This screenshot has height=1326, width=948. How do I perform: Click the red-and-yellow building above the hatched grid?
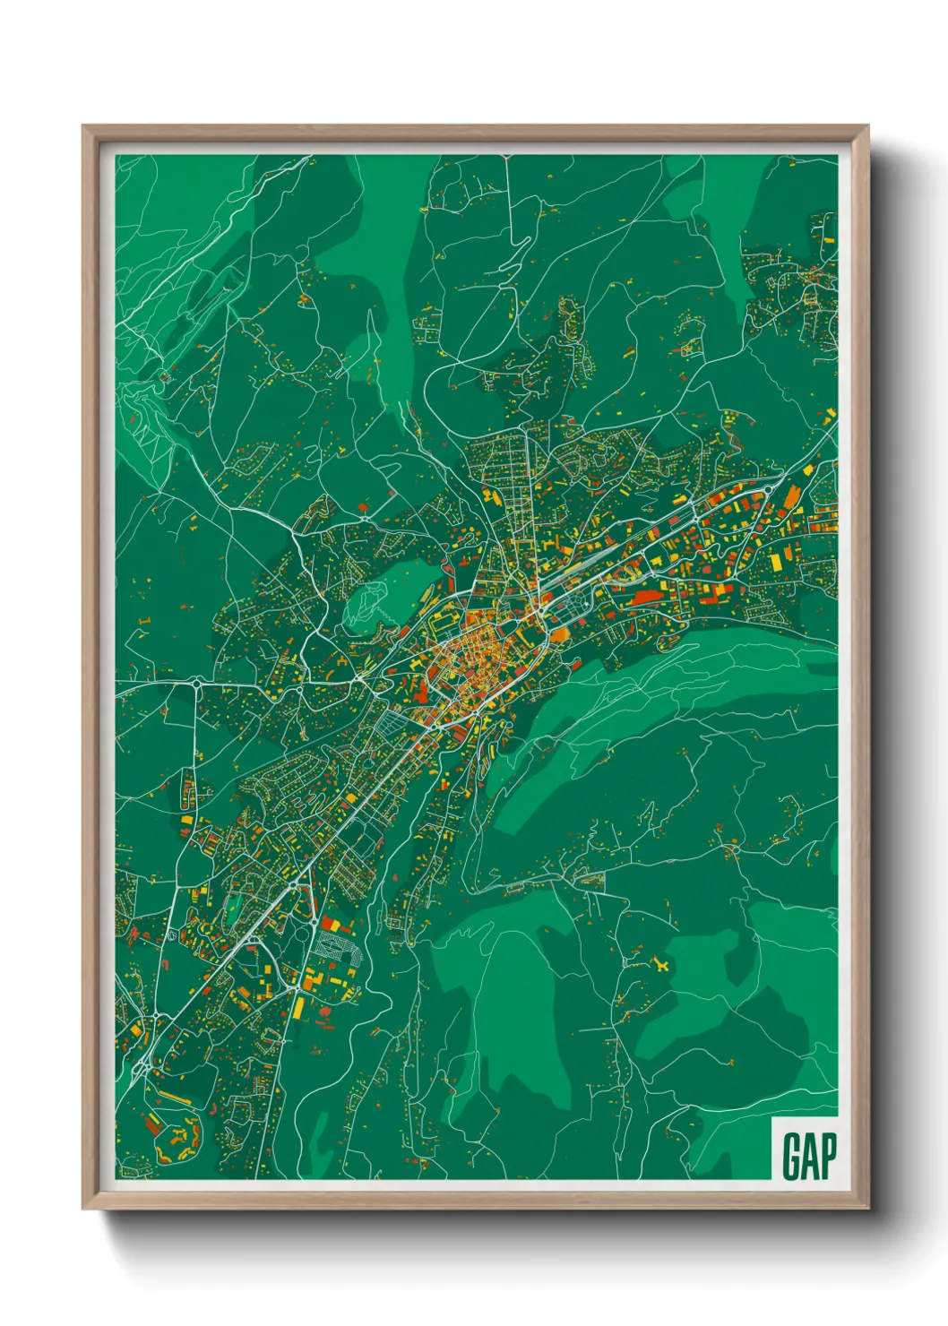(332, 924)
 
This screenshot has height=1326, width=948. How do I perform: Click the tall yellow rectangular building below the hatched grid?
(298, 1007)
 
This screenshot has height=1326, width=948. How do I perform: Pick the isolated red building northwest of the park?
(363, 508)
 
